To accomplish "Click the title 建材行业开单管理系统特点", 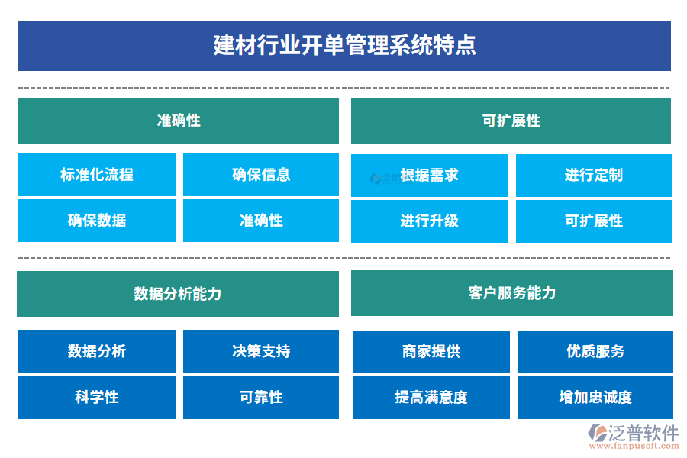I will pyautogui.click(x=344, y=46).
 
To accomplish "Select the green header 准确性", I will pyautogui.click(x=179, y=121).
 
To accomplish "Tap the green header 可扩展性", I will pyautogui.click(x=511, y=121).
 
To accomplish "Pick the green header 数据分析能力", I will pyautogui.click(x=178, y=294).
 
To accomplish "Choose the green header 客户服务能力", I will pyautogui.click(x=511, y=293).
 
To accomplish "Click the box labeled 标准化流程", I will pyautogui.click(x=97, y=175).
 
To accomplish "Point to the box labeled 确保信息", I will pyautogui.click(x=261, y=175).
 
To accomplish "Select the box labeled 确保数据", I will pyautogui.click(x=97, y=221).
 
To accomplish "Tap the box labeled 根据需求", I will pyautogui.click(x=429, y=175).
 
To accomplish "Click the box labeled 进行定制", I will pyautogui.click(x=593, y=175).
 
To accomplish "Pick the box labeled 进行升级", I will pyautogui.click(x=429, y=221).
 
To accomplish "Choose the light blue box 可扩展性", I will pyautogui.click(x=593, y=221).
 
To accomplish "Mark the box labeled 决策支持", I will pyautogui.click(x=261, y=351).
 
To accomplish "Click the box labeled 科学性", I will pyautogui.click(x=97, y=397).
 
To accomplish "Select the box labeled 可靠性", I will pyautogui.click(x=261, y=397).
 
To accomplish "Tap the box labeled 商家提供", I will pyautogui.click(x=431, y=351).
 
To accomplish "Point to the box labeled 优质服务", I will pyautogui.click(x=595, y=351).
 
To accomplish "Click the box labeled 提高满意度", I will pyautogui.click(x=431, y=397).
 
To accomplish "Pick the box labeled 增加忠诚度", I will pyautogui.click(x=595, y=397).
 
